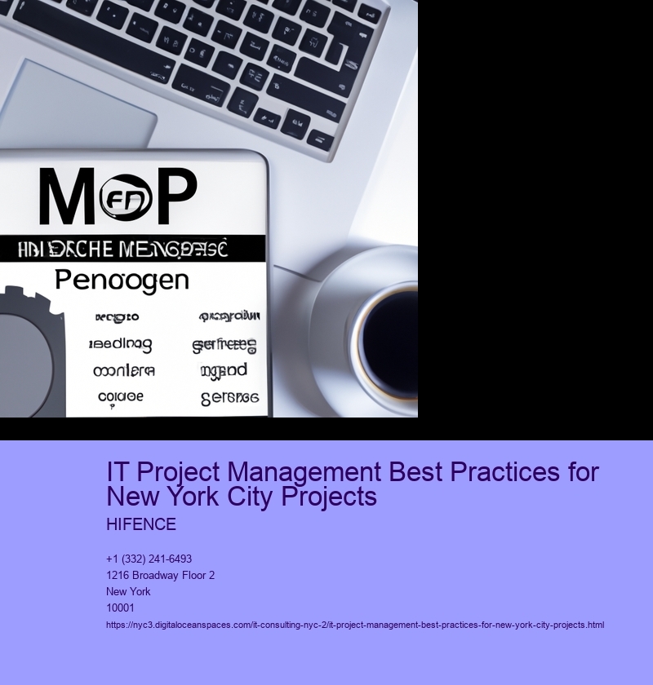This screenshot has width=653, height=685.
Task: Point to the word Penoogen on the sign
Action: click(x=122, y=281)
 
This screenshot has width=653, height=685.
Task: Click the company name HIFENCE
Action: click(x=141, y=525)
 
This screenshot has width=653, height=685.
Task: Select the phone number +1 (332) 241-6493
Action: click(x=149, y=559)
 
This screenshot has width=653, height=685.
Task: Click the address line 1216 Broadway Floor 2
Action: click(x=160, y=576)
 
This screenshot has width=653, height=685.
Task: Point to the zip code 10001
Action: click(x=120, y=608)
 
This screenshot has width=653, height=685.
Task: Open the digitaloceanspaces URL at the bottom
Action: click(x=355, y=625)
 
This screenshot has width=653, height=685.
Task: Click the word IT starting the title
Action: click(x=118, y=472)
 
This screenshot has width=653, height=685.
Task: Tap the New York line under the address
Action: click(x=128, y=592)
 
